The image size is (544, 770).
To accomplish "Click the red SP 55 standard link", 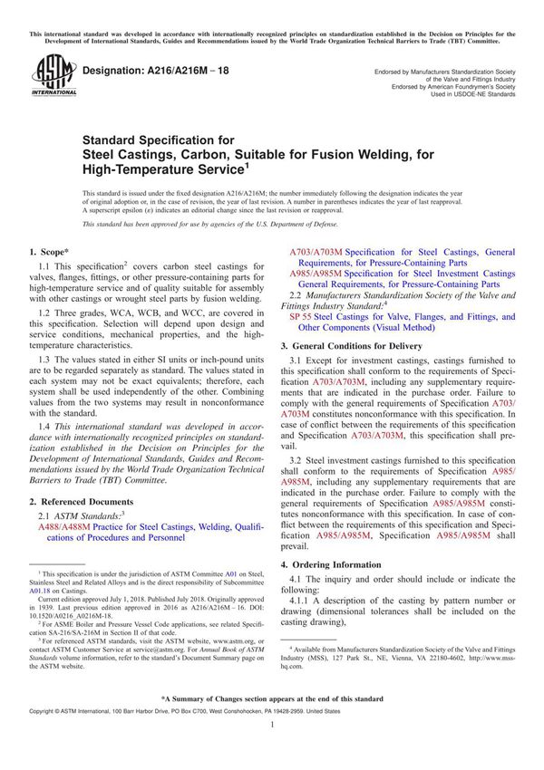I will (x=302, y=318).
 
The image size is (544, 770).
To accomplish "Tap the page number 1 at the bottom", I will (x=272, y=751).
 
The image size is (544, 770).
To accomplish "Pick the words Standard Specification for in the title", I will (x=158, y=140).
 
